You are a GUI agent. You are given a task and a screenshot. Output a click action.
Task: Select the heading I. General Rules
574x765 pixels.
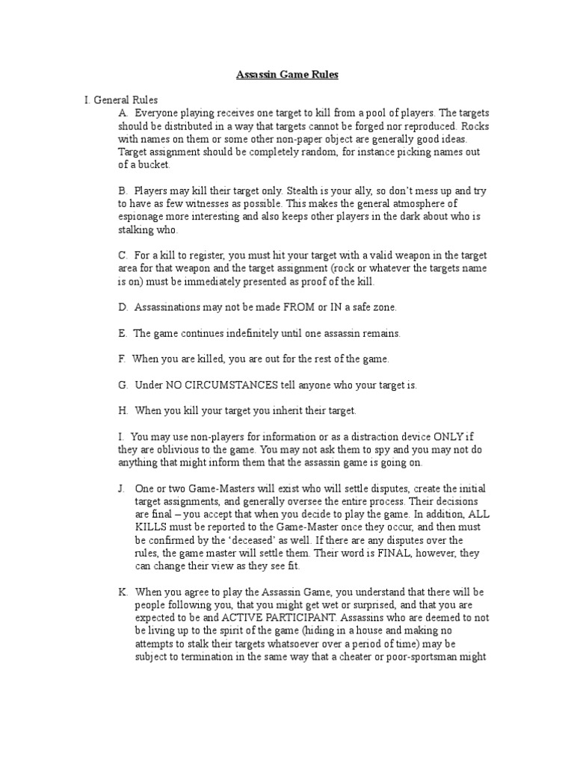tap(120, 99)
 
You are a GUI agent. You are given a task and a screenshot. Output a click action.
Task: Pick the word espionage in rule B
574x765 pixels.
tap(142, 217)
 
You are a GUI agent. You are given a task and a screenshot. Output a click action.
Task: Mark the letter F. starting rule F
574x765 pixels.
tap(122, 359)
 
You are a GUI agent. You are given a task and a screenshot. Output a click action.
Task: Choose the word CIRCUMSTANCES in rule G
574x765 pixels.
tap(249, 385)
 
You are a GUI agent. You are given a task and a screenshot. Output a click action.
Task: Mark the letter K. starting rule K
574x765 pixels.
tap(122, 591)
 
